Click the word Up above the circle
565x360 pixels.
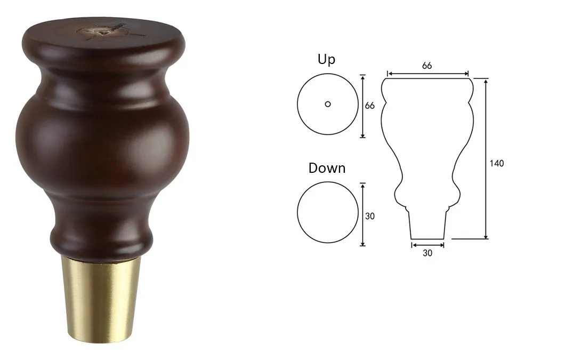coord(326,60)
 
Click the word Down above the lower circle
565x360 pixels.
coord(327,168)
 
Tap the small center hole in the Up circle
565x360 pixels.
coord(328,104)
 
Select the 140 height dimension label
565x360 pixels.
coord(497,163)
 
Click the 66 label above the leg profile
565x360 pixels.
coord(427,66)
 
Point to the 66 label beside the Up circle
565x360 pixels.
coord(370,106)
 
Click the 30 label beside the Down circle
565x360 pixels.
coord(370,216)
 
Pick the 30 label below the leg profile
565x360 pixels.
coord(427,253)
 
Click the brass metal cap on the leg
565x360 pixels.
coord(100,298)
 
